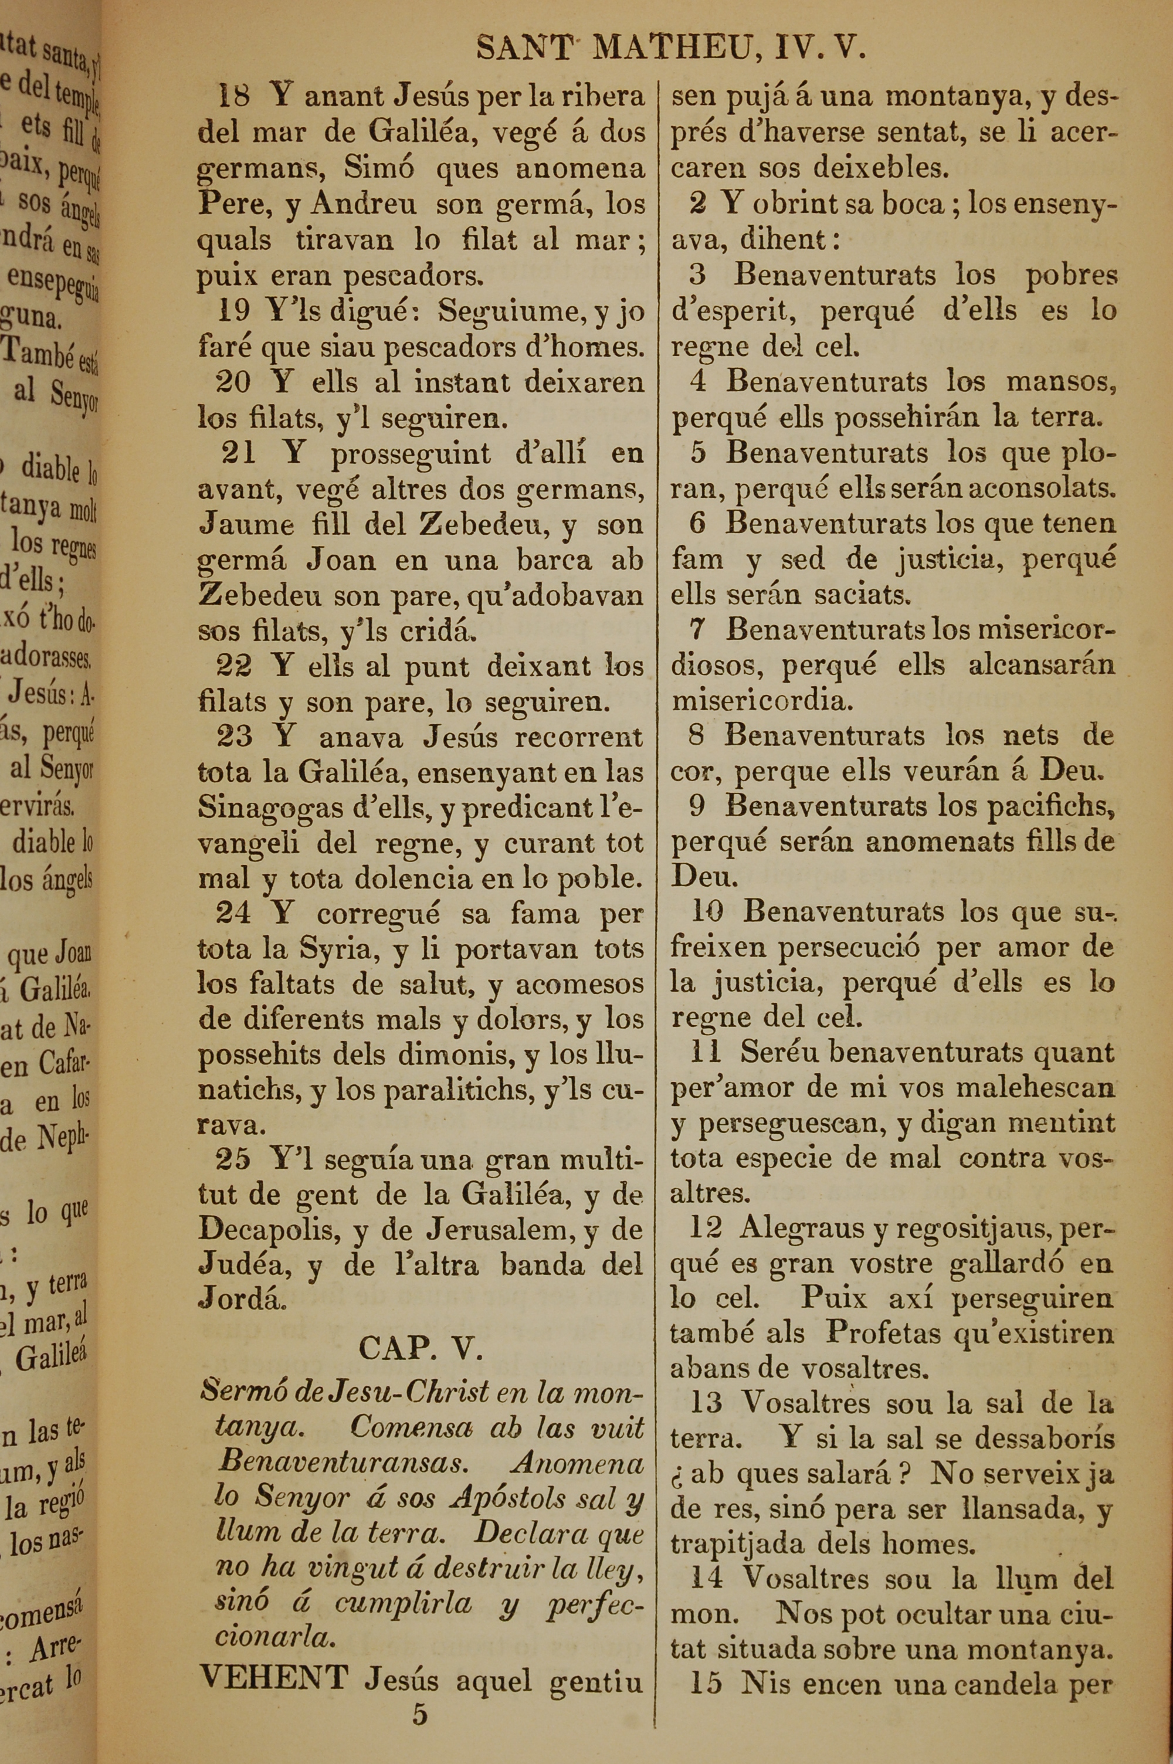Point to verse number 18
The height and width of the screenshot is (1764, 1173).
[x=233, y=96]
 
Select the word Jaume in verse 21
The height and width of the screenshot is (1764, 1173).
[x=247, y=524]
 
